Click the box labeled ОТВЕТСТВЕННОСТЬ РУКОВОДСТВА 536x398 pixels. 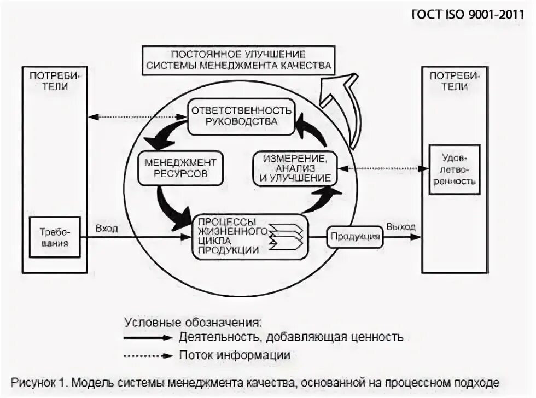click(241, 115)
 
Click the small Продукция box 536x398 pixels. click(354, 237)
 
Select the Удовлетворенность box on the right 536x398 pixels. click(454, 169)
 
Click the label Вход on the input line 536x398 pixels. click(106, 228)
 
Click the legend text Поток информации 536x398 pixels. click(234, 355)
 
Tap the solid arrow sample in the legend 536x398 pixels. click(148, 337)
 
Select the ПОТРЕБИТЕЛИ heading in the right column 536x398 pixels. click(454, 80)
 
